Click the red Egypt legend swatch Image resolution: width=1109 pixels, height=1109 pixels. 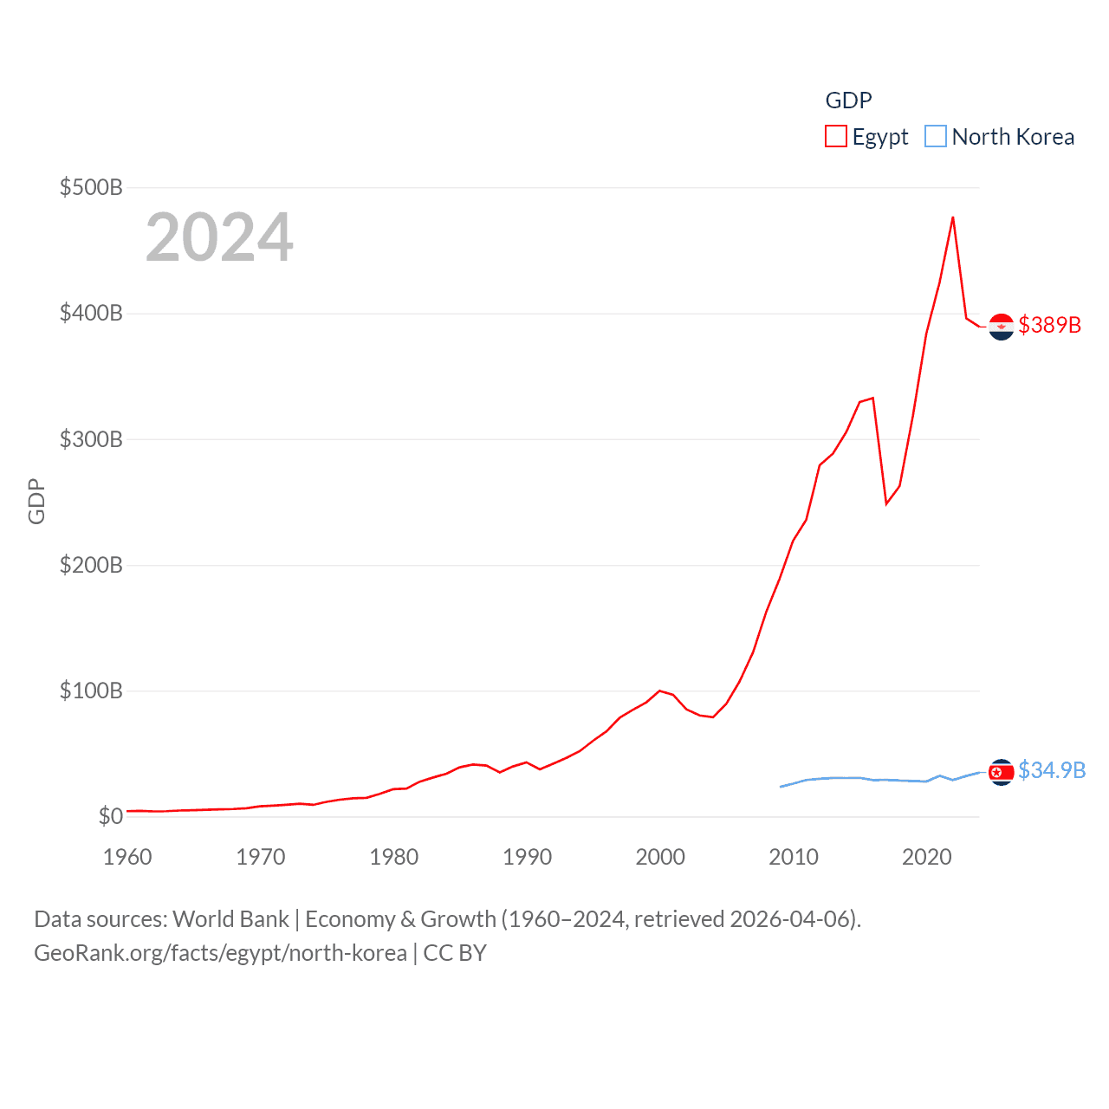point(835,137)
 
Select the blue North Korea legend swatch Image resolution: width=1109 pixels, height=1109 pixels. point(936,137)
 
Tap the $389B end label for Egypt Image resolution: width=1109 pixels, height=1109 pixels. point(1050,325)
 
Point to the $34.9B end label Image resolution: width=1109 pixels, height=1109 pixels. point(1052,770)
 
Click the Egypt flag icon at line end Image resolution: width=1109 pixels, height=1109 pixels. point(1002,327)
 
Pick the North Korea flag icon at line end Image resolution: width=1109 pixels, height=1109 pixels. point(1002,772)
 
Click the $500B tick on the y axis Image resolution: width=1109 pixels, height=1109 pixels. point(91,187)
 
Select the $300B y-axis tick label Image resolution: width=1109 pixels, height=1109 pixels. point(91,439)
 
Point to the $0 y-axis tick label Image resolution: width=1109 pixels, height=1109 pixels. point(111,816)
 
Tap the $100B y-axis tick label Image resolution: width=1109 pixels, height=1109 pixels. point(91,691)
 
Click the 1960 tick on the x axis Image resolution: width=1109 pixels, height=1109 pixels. point(127,857)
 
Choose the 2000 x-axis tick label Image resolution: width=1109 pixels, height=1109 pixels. point(660,857)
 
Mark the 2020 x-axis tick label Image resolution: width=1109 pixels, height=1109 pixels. point(927,857)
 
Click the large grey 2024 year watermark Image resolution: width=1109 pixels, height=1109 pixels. point(219,237)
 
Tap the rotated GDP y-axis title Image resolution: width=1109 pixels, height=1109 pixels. point(36,502)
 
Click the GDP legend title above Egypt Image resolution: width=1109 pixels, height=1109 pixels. point(848,101)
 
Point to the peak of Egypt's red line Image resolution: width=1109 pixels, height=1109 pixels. point(953,217)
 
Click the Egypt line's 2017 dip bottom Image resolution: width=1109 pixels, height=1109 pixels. point(886,503)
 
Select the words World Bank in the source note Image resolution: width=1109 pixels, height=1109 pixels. point(231,918)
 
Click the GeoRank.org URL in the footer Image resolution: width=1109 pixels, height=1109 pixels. point(220,953)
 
